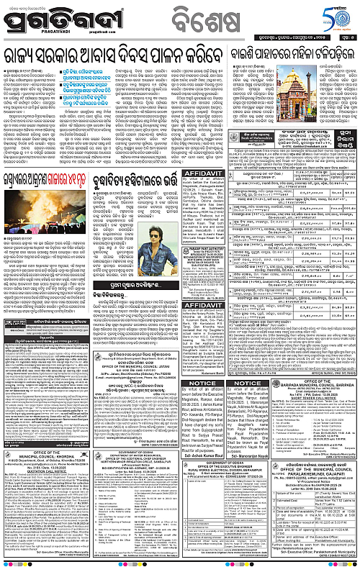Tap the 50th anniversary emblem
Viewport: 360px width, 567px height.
tap(336, 17)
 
